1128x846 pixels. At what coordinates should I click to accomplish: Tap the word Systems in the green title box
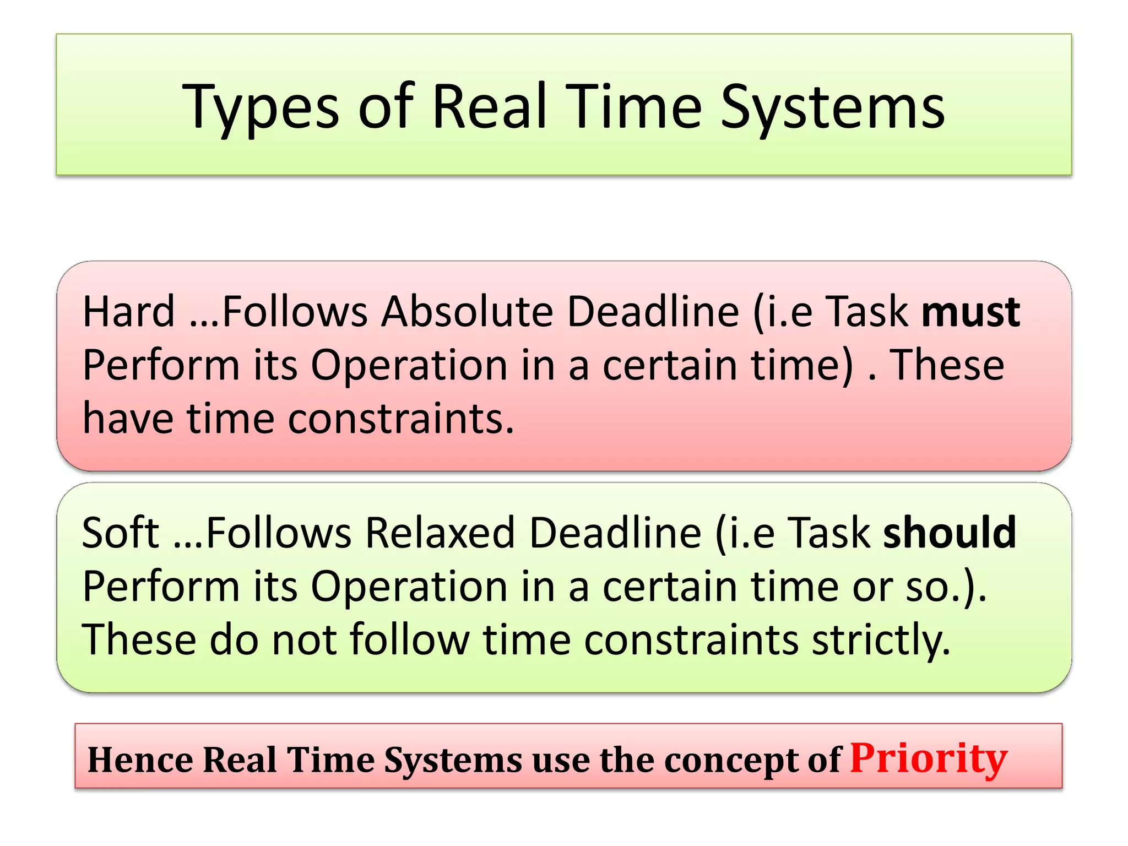coord(832,108)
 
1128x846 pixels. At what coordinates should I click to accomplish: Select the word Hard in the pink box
coord(128,312)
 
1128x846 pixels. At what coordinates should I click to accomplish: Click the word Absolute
coord(467,312)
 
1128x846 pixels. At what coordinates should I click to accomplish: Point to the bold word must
coord(970,312)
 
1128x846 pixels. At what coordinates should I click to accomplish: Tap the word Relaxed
coord(440,533)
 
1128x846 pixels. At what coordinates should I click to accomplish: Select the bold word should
coord(950,533)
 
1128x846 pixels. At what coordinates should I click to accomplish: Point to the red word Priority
coord(929,759)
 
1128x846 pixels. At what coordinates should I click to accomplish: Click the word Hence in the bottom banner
coord(140,760)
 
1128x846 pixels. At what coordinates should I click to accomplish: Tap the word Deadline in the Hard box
coord(653,312)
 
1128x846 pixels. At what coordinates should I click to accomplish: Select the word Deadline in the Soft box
coord(615,533)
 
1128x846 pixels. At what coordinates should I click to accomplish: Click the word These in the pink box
coord(947,365)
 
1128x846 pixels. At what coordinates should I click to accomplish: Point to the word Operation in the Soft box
coord(409,587)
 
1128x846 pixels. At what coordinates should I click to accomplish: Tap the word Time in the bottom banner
coord(330,760)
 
